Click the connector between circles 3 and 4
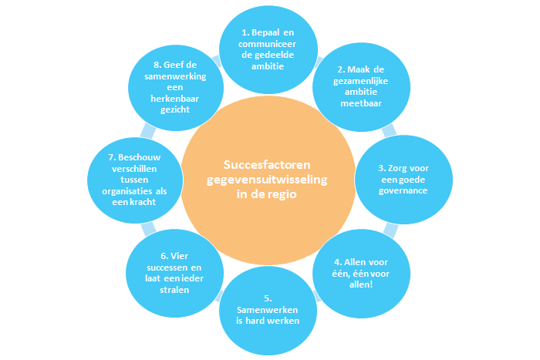coord(391,229)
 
